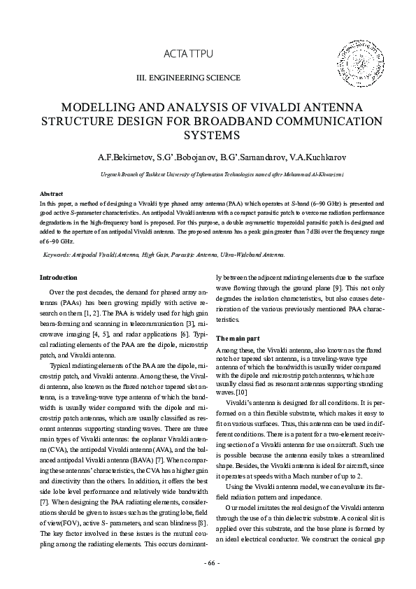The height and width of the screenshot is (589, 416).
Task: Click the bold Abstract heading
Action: click(x=52, y=193)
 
